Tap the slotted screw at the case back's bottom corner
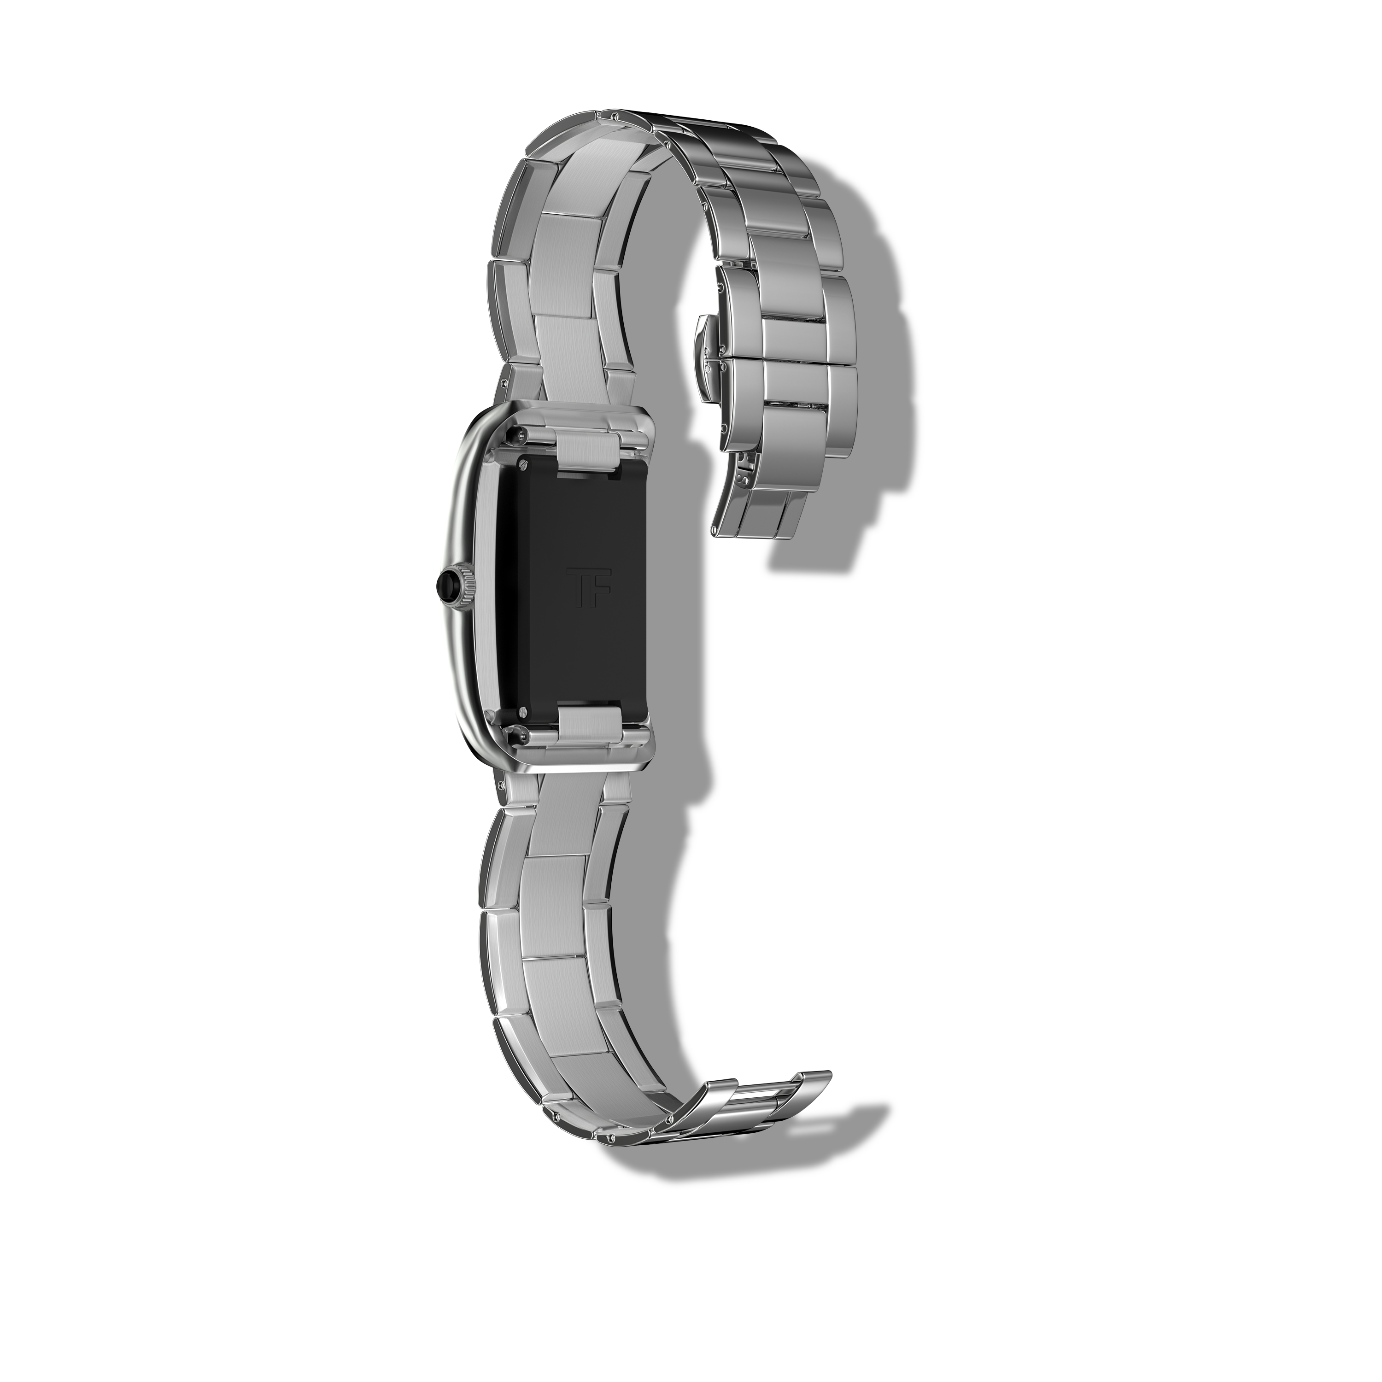[x=523, y=712]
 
